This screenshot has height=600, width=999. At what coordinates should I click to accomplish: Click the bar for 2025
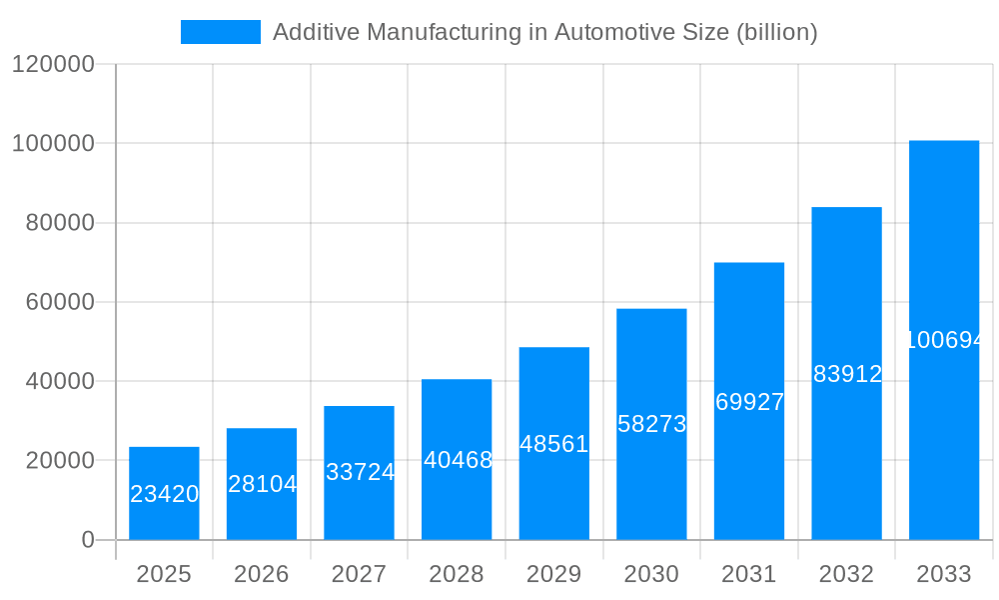coord(164,493)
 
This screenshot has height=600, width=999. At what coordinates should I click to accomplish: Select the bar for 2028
coord(457,459)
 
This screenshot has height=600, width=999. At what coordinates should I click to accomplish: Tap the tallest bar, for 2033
coord(943,340)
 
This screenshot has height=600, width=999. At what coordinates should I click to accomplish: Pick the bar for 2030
coord(651,424)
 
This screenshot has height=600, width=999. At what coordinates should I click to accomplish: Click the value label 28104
coord(262,484)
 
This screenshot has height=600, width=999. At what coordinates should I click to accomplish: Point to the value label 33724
coord(360,472)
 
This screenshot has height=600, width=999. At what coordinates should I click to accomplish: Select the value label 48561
coord(554,444)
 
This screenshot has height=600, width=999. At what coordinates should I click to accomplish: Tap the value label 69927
coord(749,402)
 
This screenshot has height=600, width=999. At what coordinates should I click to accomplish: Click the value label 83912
coord(847,374)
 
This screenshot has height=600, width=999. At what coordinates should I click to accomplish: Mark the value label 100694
coord(944,340)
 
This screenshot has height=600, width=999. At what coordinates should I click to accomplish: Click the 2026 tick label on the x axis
coord(262,574)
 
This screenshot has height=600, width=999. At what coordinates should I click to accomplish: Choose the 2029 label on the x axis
coord(554,574)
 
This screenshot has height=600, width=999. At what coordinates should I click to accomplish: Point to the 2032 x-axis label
coord(846,574)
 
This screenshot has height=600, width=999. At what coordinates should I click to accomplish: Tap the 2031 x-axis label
coord(749,574)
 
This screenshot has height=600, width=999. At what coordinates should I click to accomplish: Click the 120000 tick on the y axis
coord(52,65)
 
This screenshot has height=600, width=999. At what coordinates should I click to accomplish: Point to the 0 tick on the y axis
coord(88,540)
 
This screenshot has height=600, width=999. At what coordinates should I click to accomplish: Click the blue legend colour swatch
coord(220,32)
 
